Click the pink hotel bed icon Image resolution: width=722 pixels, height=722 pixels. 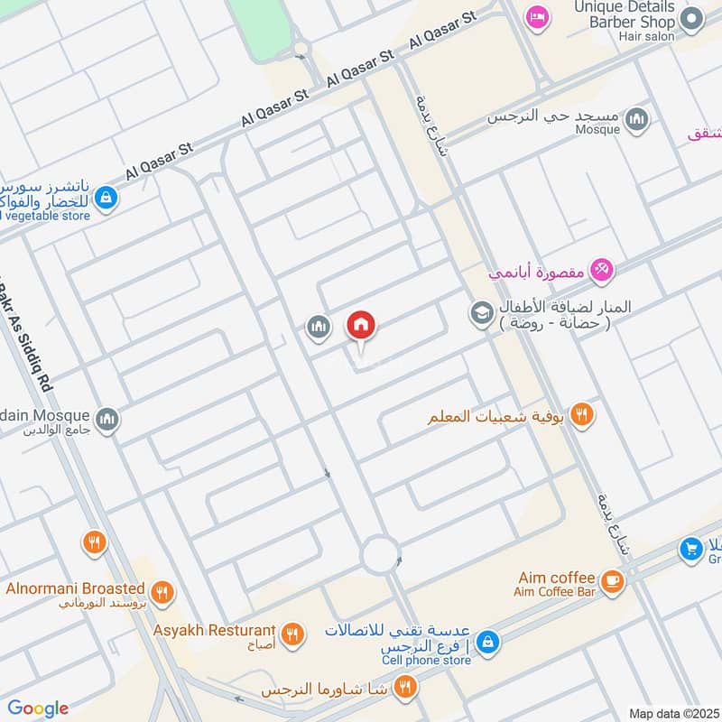point(538,17)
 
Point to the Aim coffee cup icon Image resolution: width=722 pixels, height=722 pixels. point(613,582)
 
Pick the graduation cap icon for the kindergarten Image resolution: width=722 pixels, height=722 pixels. point(480,313)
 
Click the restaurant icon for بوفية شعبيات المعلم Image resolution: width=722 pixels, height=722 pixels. point(582,415)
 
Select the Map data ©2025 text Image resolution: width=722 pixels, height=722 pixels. point(671,713)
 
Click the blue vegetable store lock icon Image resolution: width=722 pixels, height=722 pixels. point(106,196)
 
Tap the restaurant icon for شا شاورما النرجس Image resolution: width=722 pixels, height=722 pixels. point(405,688)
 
